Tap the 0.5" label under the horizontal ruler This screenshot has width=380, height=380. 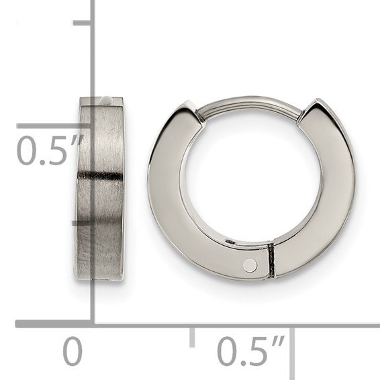coord(251,352)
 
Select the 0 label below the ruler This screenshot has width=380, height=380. coord(73,352)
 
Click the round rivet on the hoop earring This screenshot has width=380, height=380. coord(250,265)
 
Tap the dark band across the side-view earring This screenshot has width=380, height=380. coord(100,176)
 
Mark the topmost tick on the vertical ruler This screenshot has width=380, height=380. coord(82,23)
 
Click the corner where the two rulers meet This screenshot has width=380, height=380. coord(92,324)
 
